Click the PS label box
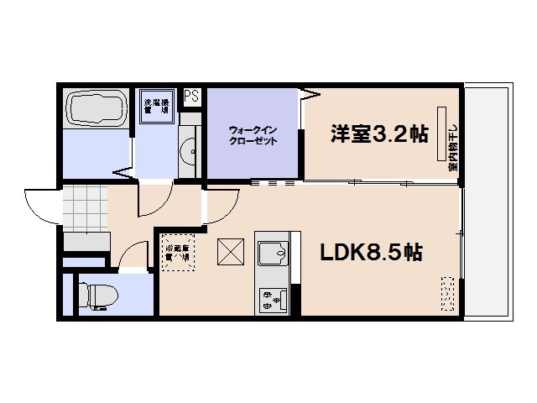[x=192, y=95]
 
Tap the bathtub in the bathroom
[x=96, y=110]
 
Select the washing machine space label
[x=157, y=107]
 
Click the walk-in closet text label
[x=253, y=135]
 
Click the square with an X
[x=230, y=251]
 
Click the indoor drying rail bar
[x=440, y=133]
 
